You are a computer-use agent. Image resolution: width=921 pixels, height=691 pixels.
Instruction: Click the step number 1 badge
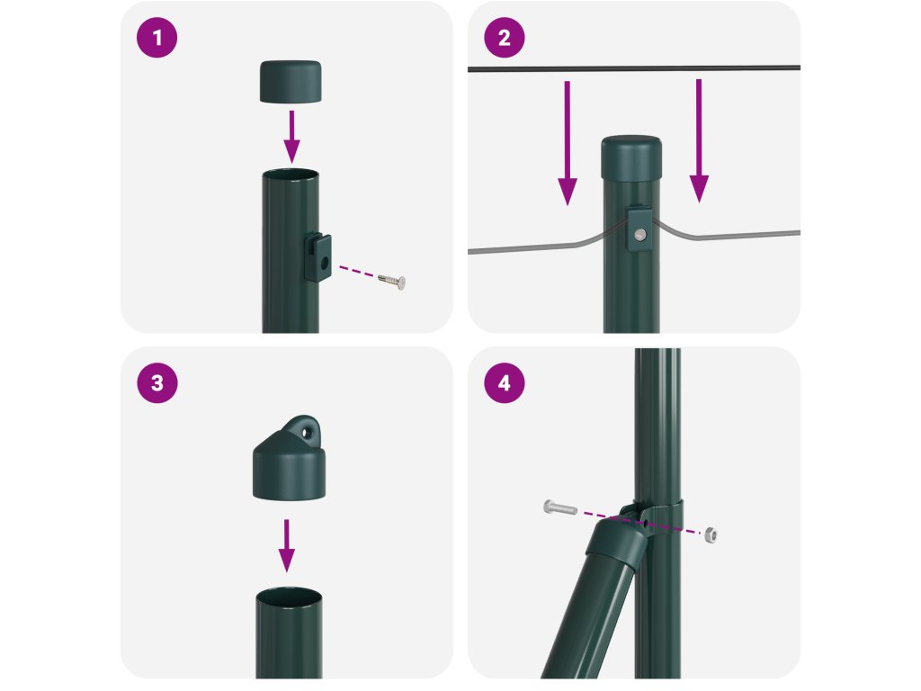pyautogui.click(x=156, y=38)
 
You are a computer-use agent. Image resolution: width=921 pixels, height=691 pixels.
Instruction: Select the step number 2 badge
pyautogui.click(x=505, y=38)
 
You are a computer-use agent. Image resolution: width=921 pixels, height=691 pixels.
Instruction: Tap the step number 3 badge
pyautogui.click(x=156, y=383)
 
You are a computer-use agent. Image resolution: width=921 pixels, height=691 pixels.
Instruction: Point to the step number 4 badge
pyautogui.click(x=505, y=383)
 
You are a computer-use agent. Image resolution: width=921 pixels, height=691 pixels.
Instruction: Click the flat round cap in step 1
pyautogui.click(x=291, y=82)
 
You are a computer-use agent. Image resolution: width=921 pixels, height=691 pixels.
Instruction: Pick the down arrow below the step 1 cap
pyautogui.click(x=291, y=137)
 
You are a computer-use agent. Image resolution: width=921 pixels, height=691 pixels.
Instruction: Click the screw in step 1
pyautogui.click(x=392, y=281)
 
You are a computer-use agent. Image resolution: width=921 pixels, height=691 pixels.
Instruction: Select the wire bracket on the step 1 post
pyautogui.click(x=317, y=256)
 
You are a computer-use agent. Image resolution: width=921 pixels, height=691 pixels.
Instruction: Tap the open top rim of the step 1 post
pyautogui.click(x=291, y=175)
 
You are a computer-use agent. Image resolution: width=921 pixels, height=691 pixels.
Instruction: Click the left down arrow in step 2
pyautogui.click(x=568, y=143)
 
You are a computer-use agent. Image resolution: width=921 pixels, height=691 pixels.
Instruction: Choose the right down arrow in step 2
pyautogui.click(x=699, y=141)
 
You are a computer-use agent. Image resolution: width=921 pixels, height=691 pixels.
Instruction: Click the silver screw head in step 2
pyautogui.click(x=639, y=235)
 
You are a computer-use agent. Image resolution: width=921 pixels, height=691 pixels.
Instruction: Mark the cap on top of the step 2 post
pyautogui.click(x=631, y=158)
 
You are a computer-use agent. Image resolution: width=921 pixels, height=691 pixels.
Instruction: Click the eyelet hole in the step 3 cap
pyautogui.click(x=306, y=433)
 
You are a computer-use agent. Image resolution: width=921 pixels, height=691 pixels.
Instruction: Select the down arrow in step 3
pyautogui.click(x=287, y=545)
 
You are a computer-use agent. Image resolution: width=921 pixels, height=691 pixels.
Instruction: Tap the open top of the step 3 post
pyautogui.click(x=289, y=595)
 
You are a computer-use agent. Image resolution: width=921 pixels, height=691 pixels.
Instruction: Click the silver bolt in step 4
pyautogui.click(x=559, y=507)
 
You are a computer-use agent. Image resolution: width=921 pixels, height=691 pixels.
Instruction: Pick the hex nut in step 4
pyautogui.click(x=711, y=534)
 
